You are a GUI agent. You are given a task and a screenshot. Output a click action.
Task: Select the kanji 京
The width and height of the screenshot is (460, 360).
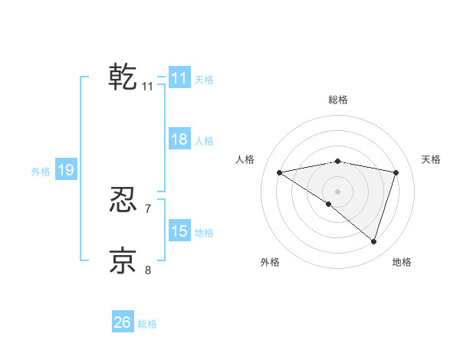123,260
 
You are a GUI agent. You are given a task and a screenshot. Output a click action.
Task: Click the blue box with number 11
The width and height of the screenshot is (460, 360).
179,78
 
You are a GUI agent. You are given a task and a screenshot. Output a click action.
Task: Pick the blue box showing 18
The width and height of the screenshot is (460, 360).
179,139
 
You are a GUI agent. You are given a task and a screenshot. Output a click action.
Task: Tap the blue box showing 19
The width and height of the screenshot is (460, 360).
65,170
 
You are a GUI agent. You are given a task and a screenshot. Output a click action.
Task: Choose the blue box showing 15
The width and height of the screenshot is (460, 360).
179,231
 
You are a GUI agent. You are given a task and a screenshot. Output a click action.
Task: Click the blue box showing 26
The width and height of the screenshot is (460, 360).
122,322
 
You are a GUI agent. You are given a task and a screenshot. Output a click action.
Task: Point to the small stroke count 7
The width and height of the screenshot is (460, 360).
148,208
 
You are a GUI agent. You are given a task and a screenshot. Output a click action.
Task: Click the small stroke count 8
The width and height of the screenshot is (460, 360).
148,270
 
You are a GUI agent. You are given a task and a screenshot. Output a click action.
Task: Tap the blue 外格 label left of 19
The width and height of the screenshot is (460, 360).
41,172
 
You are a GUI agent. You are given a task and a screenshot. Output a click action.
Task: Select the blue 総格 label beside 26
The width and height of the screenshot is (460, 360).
147,324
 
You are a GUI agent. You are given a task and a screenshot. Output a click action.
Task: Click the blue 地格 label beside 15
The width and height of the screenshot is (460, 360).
204,233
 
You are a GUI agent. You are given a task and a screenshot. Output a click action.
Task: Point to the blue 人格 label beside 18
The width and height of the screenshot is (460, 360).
204,141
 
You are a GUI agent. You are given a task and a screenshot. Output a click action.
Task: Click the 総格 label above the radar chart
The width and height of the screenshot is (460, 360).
338,100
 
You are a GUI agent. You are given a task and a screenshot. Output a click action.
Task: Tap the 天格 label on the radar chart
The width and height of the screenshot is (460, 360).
432,159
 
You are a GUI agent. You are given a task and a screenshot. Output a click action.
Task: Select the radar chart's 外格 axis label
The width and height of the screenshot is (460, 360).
270,262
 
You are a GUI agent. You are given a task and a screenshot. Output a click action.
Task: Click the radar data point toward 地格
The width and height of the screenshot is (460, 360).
373,241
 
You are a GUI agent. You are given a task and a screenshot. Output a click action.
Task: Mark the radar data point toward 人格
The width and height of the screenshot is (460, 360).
279,172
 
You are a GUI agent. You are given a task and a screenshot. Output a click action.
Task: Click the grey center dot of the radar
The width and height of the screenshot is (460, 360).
337,191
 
